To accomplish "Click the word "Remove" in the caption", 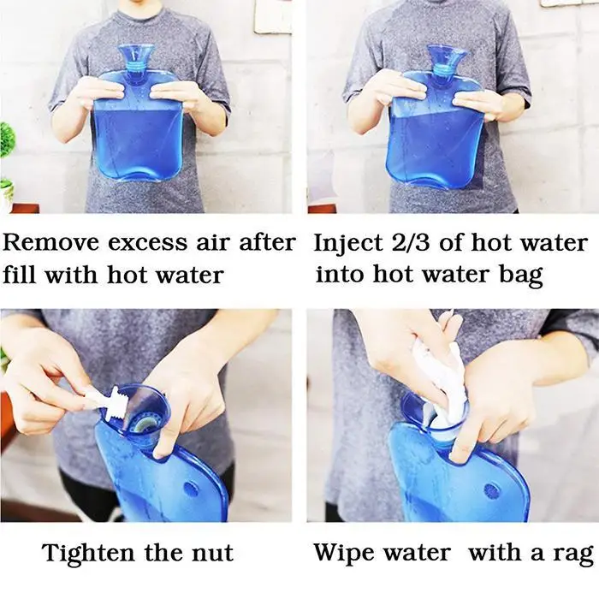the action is pyautogui.click(x=50, y=242).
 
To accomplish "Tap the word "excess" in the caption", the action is pyautogui.click(x=147, y=243).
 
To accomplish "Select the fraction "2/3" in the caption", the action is pyautogui.click(x=411, y=243).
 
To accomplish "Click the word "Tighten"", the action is pyautogui.click(x=88, y=554).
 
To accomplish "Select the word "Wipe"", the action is pyautogui.click(x=343, y=553).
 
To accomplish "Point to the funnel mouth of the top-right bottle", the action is pyautogui.click(x=446, y=53).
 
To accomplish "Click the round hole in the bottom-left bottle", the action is pyautogui.click(x=191, y=489).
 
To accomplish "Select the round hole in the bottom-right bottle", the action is pyautogui.click(x=491, y=491).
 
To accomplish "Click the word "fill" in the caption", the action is pyautogui.click(x=21, y=275).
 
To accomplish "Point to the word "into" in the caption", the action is pyautogui.click(x=340, y=275).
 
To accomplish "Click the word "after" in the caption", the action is pyautogui.click(x=267, y=242).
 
